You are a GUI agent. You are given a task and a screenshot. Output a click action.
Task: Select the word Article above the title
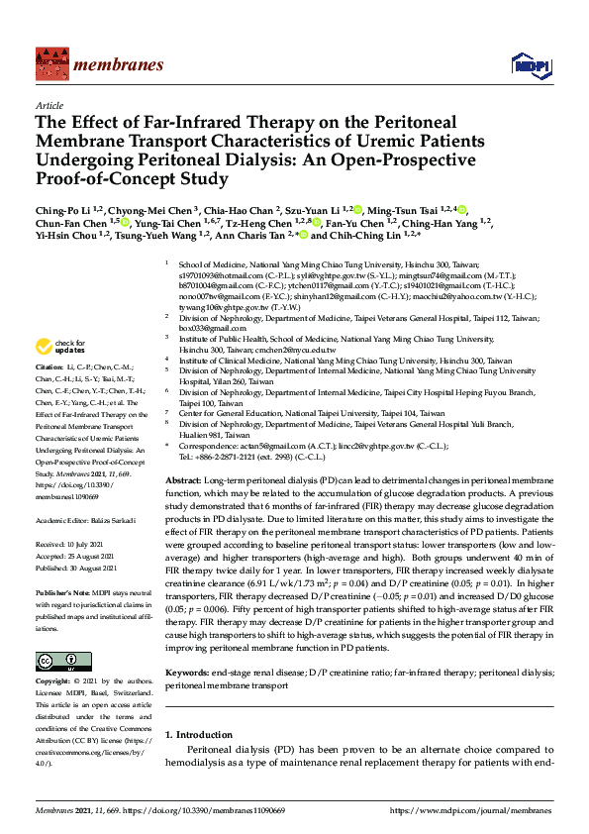point(49,104)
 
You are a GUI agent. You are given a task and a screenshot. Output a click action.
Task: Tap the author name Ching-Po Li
point(62,210)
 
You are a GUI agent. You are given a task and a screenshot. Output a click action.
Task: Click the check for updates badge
point(60,347)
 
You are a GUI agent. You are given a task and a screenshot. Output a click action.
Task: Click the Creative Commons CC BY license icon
point(56,662)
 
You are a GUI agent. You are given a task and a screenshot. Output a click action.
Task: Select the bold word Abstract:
point(185,477)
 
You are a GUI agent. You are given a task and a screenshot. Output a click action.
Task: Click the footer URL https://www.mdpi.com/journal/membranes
point(473,809)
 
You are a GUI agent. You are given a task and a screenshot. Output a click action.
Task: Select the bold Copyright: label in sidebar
point(55,683)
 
